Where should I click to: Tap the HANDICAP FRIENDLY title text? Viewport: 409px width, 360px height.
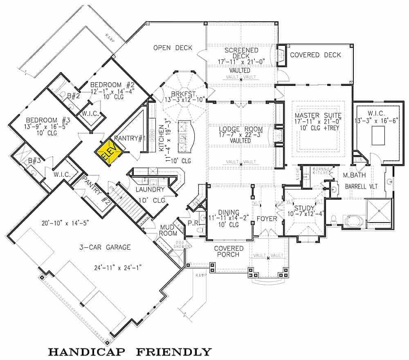pos(130,351)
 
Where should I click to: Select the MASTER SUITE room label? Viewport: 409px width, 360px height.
pos(318,115)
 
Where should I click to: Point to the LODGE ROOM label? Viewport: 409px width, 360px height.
pos(240,128)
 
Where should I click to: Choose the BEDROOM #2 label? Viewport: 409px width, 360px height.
pos(113,85)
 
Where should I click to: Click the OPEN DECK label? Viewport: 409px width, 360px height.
pos(173,48)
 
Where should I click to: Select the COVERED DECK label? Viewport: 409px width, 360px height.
pos(315,55)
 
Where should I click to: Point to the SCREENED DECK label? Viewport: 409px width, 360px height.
pos(241,53)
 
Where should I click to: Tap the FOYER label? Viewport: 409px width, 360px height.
pos(267,219)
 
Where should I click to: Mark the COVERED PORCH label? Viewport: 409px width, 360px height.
pos(229,252)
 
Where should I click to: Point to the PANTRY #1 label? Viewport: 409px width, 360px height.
pos(130,138)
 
